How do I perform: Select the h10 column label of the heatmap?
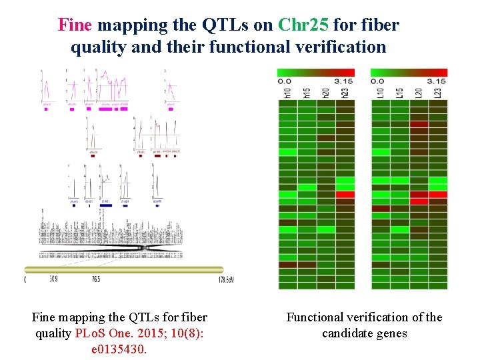[287, 92]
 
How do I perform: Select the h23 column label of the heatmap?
[345, 92]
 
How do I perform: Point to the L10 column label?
[380, 92]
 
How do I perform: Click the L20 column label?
[419, 92]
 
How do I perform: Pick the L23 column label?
[438, 92]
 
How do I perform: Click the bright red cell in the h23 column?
[345, 195]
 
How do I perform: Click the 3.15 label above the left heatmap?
[343, 81]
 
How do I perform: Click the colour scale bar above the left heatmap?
[316, 72]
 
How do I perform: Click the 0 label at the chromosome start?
[25, 280]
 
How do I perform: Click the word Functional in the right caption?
[317, 317]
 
